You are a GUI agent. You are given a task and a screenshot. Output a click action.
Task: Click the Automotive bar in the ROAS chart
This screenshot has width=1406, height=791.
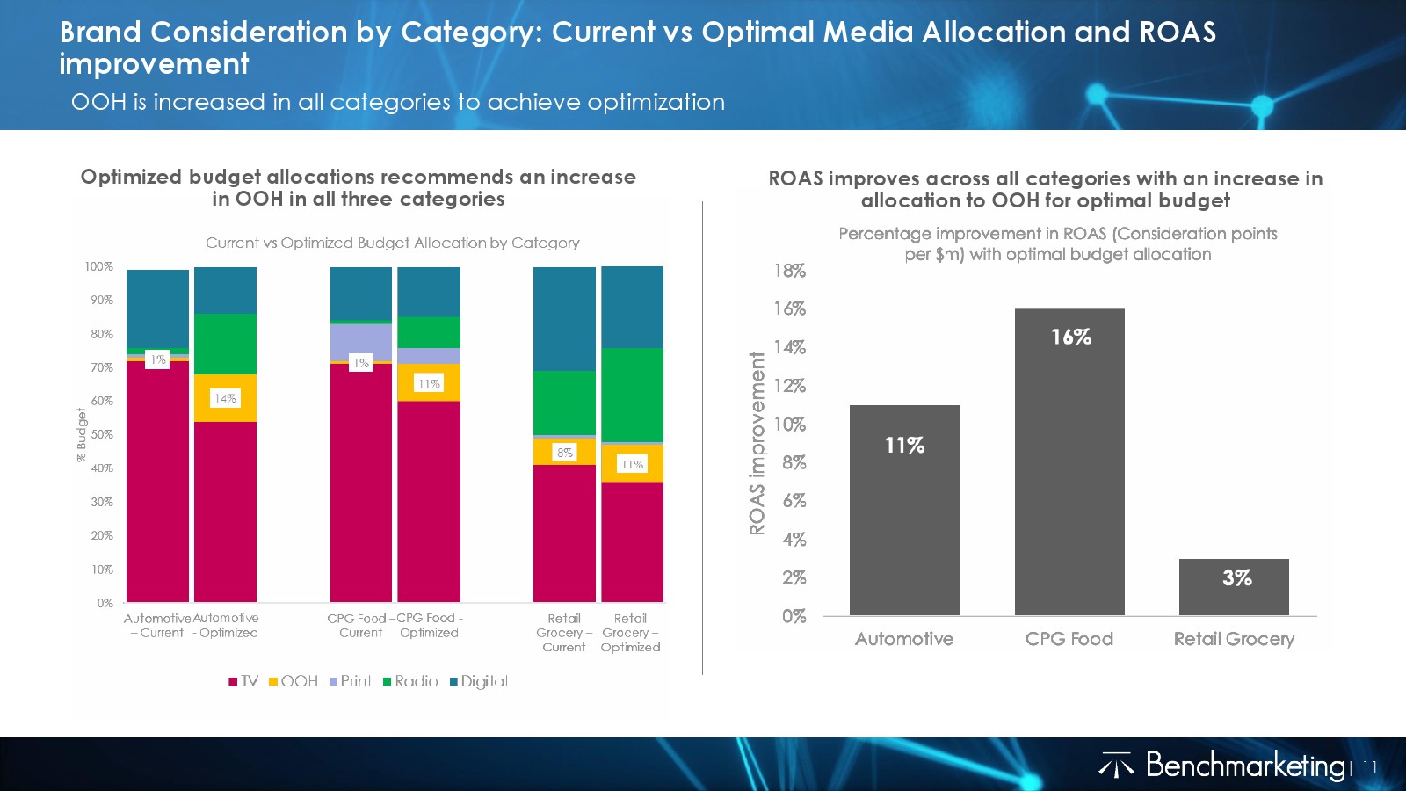[904, 510]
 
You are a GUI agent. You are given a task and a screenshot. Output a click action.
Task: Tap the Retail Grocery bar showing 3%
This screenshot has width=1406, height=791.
[1234, 587]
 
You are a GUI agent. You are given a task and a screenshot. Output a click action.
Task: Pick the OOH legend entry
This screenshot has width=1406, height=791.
[294, 681]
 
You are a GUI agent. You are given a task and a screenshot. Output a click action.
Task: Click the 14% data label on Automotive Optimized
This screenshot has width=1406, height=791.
[225, 398]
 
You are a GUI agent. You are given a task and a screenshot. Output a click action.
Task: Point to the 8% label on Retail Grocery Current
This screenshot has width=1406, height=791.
[564, 452]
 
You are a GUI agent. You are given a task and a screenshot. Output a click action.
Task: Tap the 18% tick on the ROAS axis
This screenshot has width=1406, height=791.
[789, 271]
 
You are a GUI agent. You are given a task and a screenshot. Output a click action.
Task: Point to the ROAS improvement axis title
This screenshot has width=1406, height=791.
[757, 443]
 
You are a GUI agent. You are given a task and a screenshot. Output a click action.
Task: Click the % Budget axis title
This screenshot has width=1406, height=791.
[82, 434]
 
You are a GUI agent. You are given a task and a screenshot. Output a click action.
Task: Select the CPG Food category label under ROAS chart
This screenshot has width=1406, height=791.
[1069, 639]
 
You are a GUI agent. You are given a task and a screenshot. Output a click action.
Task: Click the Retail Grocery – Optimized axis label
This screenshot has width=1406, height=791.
[630, 633]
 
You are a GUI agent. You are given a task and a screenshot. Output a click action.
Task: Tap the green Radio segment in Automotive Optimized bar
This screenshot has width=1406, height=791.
[225, 344]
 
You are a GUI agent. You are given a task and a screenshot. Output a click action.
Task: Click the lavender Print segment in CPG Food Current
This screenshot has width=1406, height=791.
[361, 341]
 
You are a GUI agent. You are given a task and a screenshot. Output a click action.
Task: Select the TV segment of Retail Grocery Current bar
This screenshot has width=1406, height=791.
[564, 533]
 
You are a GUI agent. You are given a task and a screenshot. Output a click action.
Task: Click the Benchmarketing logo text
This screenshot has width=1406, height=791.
[1245, 766]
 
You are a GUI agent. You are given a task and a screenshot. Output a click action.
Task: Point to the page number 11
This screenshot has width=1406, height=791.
[1369, 767]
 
